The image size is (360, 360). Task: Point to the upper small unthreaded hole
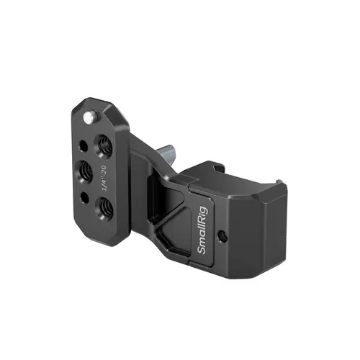[x=86, y=144]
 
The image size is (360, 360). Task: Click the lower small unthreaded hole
[x=86, y=197]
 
